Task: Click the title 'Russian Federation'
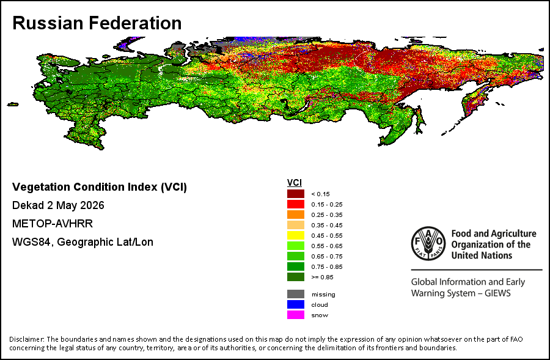point(97,23)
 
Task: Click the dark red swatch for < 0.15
point(296,194)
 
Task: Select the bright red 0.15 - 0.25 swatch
point(296,204)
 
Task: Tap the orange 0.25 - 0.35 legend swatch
point(296,215)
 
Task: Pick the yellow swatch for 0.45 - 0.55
point(296,235)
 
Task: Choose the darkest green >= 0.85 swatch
point(296,277)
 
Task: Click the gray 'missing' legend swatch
point(296,294)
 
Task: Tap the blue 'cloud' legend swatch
point(296,304)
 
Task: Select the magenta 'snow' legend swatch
point(296,315)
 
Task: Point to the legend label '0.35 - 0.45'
point(327,226)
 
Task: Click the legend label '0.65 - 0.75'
point(327,257)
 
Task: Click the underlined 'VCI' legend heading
point(295,183)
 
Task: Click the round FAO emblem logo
point(428,243)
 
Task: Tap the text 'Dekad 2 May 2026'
point(58,205)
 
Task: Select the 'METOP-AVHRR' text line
point(53,224)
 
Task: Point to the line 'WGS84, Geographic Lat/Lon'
point(82,242)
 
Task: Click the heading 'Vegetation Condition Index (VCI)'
point(100,187)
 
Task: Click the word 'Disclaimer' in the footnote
point(26,339)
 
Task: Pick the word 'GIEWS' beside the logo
point(497,293)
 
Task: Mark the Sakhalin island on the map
point(420,120)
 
